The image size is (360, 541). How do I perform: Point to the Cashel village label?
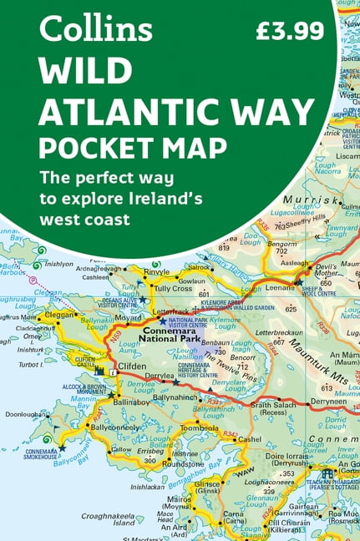pyautogui.click(x=249, y=439)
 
